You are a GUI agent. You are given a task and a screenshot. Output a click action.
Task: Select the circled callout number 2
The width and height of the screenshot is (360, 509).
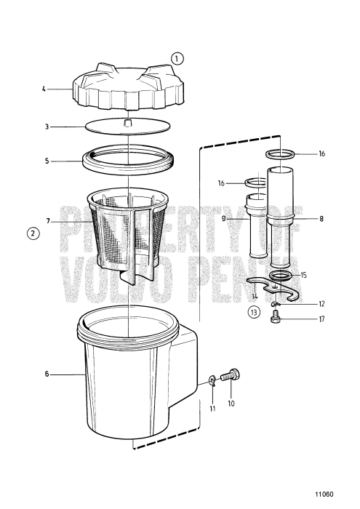click(32, 233)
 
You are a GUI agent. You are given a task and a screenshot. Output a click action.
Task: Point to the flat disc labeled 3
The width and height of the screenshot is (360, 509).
click(127, 126)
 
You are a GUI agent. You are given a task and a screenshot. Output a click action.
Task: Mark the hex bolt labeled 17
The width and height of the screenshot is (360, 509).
click(276, 318)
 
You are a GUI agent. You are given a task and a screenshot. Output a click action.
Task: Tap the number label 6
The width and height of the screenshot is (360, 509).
click(47, 374)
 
